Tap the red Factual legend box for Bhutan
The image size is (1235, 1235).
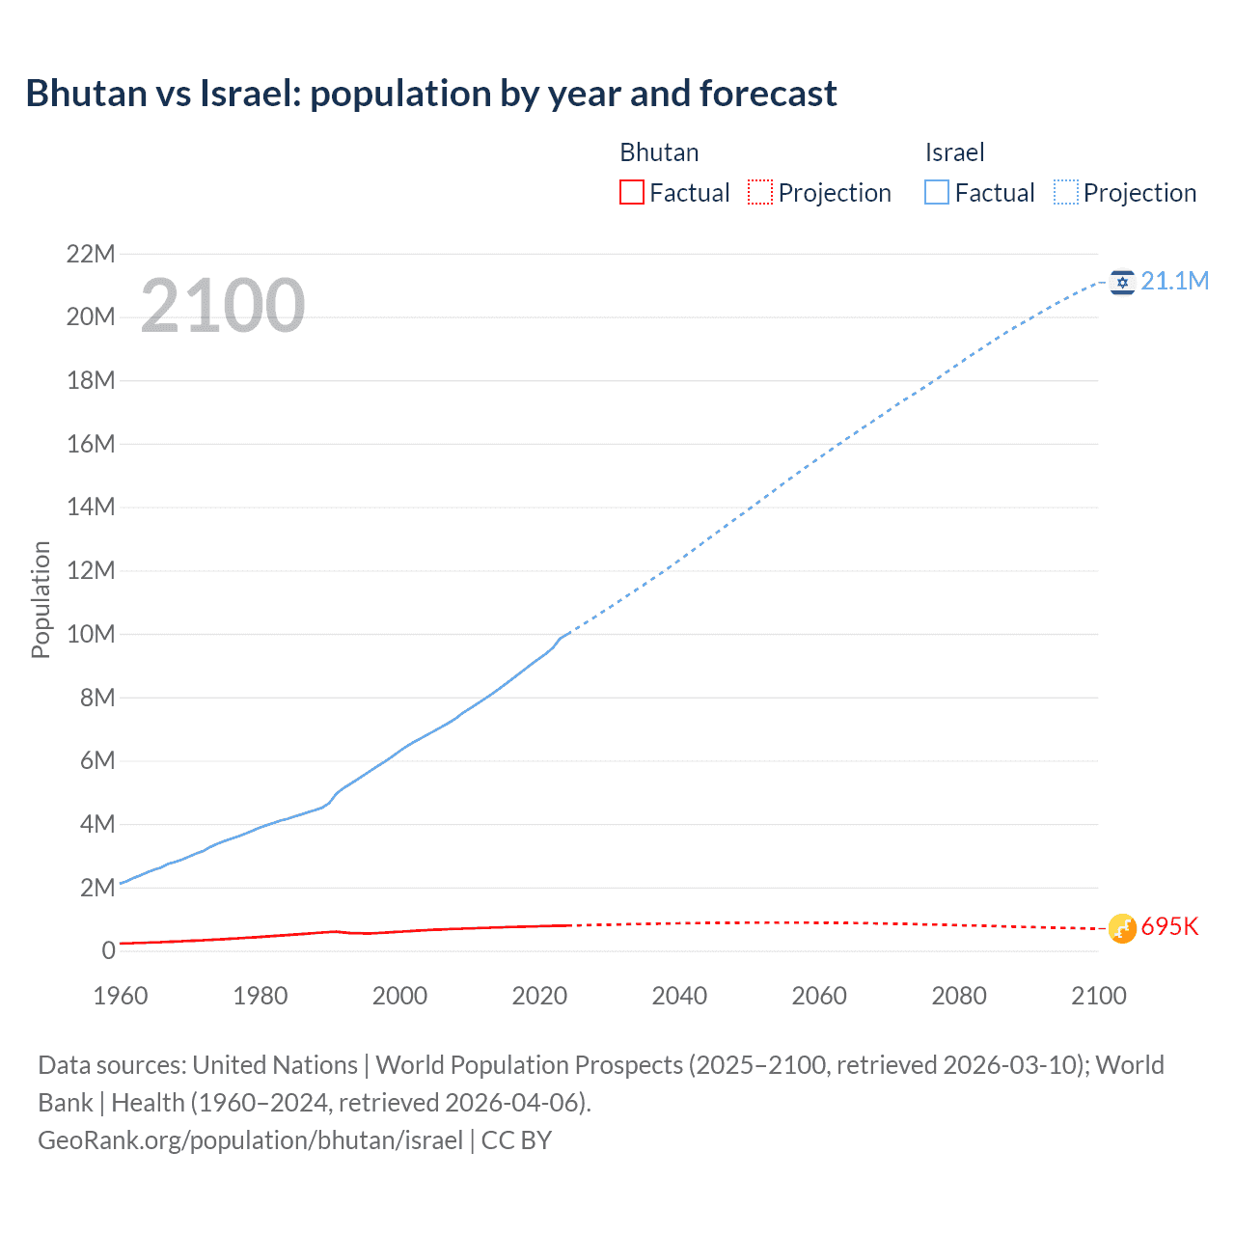coord(631,192)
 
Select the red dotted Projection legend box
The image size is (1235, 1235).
coord(760,192)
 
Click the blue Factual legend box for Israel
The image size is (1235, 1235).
coord(937,192)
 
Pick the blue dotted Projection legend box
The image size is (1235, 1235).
coord(1066,192)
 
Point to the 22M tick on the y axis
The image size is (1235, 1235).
coord(91,254)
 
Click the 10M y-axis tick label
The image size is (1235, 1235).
coord(91,634)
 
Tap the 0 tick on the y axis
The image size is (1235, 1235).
coord(108,950)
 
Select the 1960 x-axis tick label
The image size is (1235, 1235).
coord(121,996)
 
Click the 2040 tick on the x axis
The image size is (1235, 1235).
coord(679,996)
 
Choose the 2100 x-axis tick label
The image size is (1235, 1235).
coord(1098,996)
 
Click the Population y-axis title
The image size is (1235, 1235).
coord(41,599)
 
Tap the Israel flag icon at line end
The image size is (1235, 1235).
coord(1121,282)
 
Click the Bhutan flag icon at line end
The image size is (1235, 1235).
coord(1121,928)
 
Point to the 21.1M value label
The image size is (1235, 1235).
coord(1174,281)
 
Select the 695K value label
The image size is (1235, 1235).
coord(1169,927)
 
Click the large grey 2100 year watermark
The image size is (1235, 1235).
coord(223,306)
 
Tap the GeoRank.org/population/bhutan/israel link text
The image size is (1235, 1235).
coord(251,1140)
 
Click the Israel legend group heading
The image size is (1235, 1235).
coord(954,152)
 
